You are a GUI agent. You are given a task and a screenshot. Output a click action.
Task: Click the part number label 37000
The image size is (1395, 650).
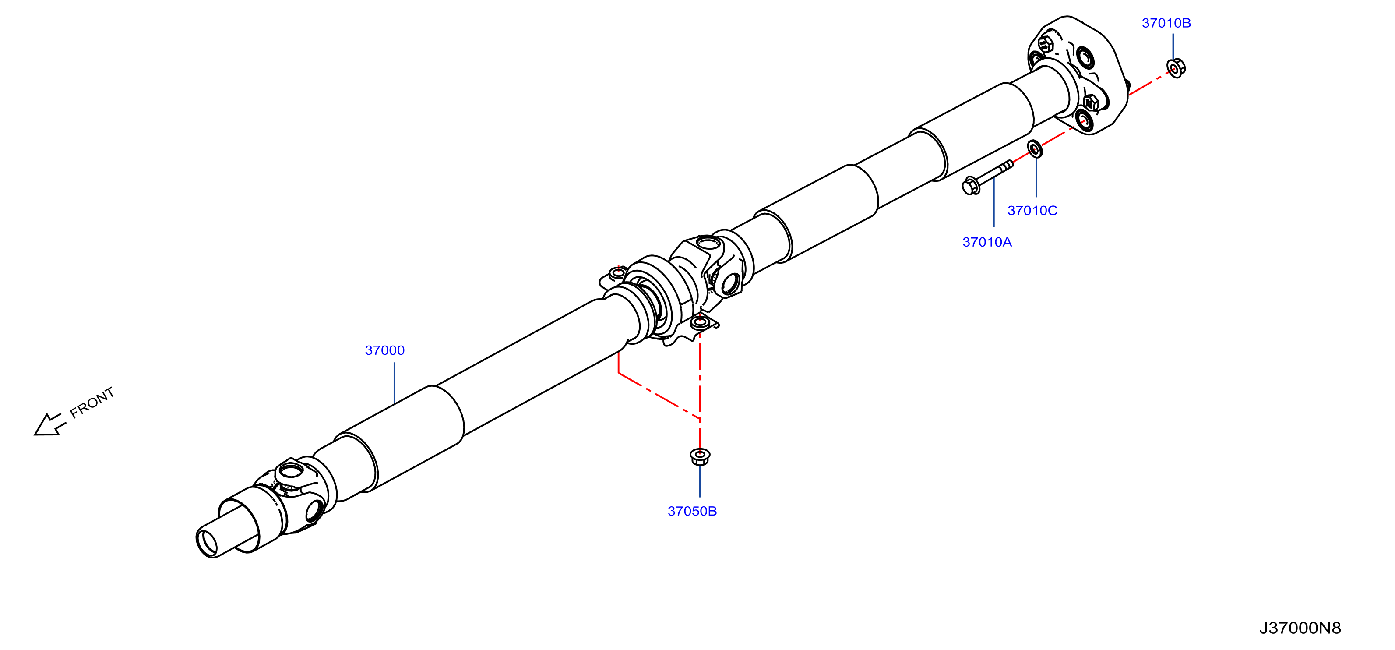click(384, 350)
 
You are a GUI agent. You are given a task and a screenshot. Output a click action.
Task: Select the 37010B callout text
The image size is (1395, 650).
click(1166, 23)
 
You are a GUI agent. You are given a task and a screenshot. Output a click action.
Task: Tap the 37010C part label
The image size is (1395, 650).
click(1032, 211)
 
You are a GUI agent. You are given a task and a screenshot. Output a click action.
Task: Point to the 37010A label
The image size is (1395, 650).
click(986, 242)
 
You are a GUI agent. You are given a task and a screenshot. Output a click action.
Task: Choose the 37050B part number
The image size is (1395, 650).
click(692, 511)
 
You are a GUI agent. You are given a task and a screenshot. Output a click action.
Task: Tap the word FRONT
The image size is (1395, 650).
click(92, 402)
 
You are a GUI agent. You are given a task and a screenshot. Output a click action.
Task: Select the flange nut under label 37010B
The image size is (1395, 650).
click(1176, 68)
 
